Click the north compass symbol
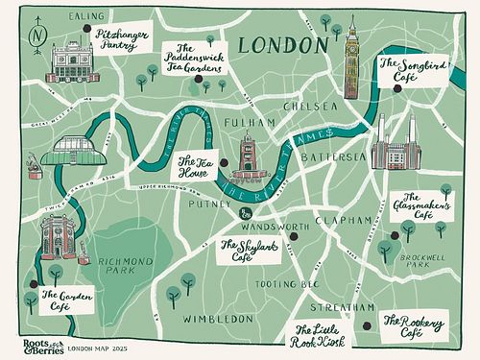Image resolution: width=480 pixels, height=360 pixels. (37, 35)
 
